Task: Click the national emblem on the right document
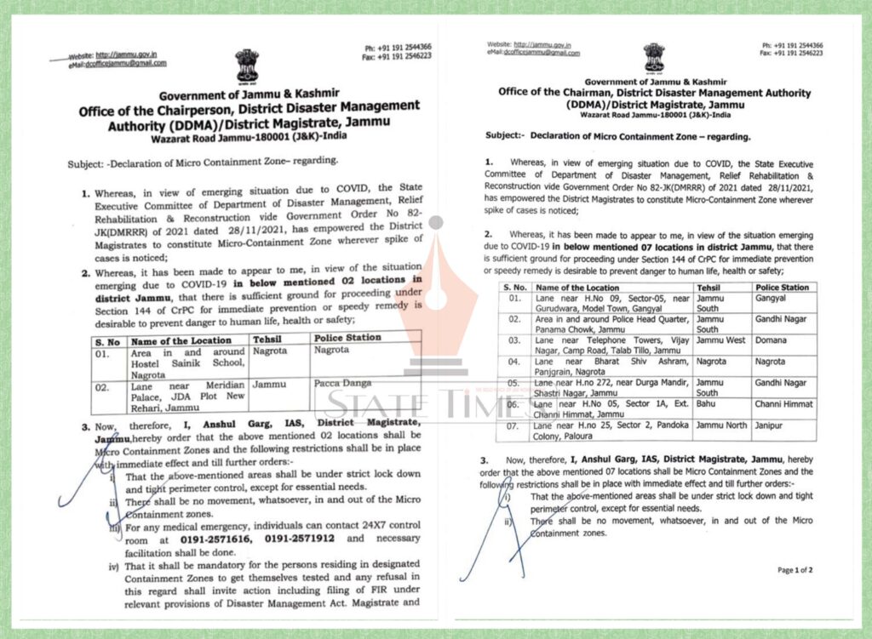point(654,57)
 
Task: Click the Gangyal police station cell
point(772,300)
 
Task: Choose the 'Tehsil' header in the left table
point(270,339)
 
